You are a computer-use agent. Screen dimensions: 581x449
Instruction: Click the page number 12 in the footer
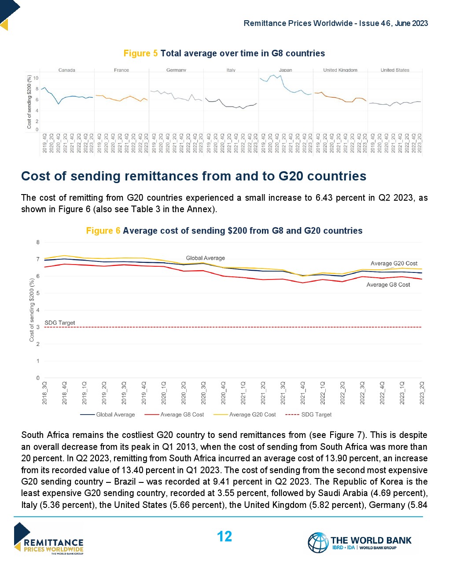(x=224, y=537)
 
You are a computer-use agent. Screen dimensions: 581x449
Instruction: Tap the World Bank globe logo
(x=318, y=542)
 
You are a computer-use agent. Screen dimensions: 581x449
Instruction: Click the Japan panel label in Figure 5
(x=285, y=70)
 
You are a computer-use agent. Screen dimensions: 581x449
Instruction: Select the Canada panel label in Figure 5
(x=67, y=70)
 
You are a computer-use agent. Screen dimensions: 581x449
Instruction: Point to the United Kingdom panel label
(x=340, y=70)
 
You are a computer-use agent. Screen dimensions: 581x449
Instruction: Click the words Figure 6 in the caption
(x=103, y=231)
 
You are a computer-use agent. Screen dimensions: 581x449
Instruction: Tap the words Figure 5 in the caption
(x=140, y=53)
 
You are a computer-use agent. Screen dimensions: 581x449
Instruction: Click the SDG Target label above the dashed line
(x=60, y=323)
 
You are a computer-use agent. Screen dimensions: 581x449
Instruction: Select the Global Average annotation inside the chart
(x=205, y=258)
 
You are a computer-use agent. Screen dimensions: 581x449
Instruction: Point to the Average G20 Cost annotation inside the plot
(x=394, y=263)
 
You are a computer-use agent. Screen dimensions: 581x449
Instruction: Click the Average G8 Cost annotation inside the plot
(x=388, y=285)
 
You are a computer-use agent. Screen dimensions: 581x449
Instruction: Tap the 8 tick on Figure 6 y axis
(x=38, y=242)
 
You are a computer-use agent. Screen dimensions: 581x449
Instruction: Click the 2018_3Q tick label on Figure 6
(x=45, y=393)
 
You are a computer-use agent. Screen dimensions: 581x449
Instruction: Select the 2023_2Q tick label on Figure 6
(x=422, y=393)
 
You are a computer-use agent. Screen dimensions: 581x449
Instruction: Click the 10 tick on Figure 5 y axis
(x=36, y=78)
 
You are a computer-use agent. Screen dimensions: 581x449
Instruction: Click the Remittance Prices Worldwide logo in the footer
(x=48, y=539)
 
